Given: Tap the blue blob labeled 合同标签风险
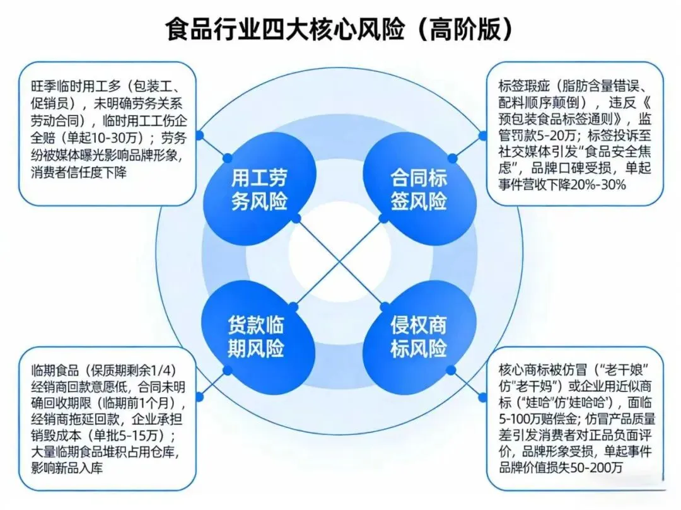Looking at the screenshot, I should click(x=419, y=190).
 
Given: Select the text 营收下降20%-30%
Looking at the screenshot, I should click(x=579, y=185).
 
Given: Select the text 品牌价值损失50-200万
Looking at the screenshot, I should click(x=561, y=468).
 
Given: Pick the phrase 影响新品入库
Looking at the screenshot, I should click(x=70, y=468).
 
